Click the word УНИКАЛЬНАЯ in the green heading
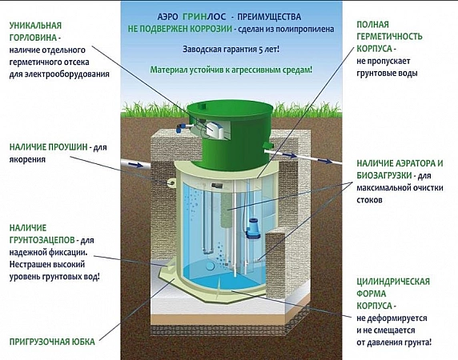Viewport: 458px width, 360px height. click(36, 26)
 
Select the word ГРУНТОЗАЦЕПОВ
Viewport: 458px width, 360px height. click(42, 240)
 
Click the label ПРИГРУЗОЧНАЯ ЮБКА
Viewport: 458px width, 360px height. click(52, 342)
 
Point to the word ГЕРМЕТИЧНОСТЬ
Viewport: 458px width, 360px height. click(389, 37)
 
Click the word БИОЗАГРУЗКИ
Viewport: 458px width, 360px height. click(384, 175)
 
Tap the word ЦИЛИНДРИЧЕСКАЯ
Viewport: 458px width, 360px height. click(393, 282)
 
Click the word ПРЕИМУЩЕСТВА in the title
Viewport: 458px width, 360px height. click(269, 17)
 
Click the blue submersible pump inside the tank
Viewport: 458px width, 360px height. click(251, 229)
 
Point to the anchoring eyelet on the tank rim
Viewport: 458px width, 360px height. click(171, 182)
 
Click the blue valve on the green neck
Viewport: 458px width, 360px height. click(181, 127)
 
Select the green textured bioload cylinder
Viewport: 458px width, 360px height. click(227, 210)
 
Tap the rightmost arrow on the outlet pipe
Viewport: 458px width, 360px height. click(326, 162)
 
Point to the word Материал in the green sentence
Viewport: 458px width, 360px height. click(167, 70)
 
